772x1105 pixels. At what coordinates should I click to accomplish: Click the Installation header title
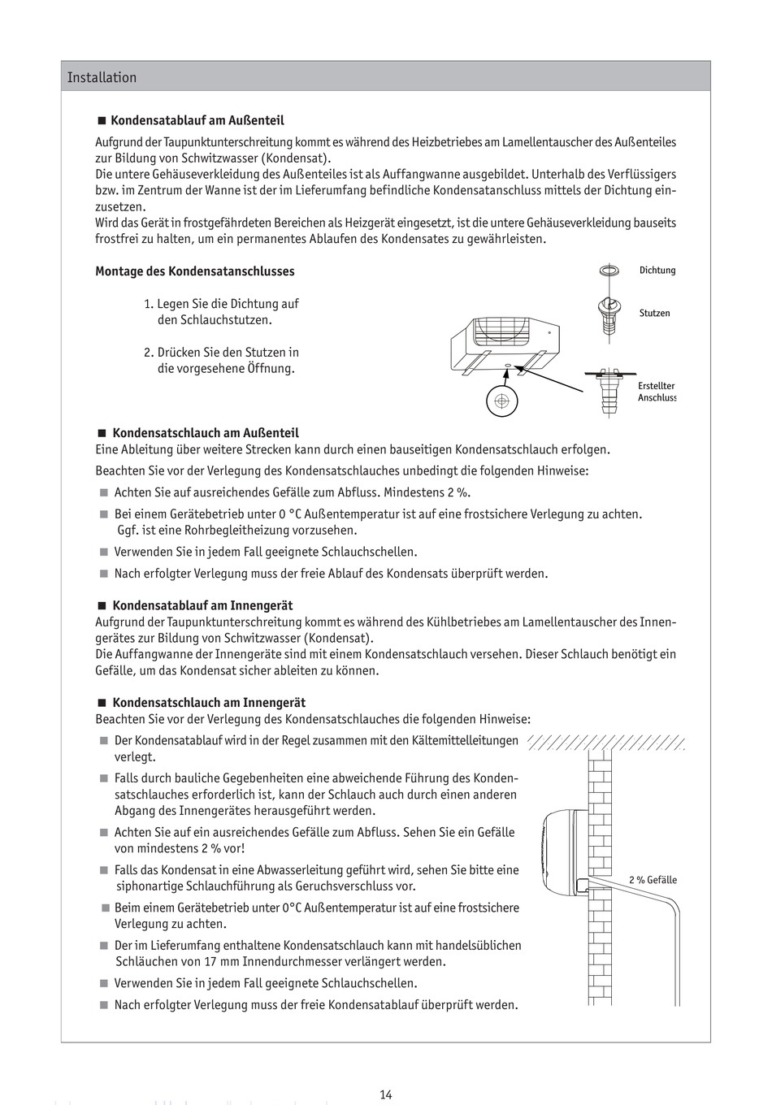[x=102, y=78]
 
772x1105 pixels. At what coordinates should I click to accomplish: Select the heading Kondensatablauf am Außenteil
[x=197, y=120]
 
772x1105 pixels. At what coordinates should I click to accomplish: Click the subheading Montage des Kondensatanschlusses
[x=195, y=271]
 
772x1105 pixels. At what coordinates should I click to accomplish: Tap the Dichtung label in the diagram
[x=657, y=271]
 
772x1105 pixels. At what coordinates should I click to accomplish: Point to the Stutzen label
[x=654, y=313]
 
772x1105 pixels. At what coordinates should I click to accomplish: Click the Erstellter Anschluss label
[x=657, y=392]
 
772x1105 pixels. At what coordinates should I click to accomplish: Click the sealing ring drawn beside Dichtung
[x=608, y=271]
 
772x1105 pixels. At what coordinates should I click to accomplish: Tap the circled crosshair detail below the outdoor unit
[x=501, y=400]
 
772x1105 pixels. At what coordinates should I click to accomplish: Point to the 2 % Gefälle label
[x=653, y=880]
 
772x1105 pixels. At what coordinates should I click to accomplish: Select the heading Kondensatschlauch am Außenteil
[x=205, y=433]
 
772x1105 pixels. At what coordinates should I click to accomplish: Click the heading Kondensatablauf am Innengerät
[x=202, y=605]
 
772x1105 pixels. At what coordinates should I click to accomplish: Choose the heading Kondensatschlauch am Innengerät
[x=209, y=703]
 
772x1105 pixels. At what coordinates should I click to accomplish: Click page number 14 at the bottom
[x=386, y=1094]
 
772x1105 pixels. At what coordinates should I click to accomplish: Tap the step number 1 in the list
[x=149, y=304]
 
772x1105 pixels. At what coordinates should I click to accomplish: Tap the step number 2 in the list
[x=149, y=353]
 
